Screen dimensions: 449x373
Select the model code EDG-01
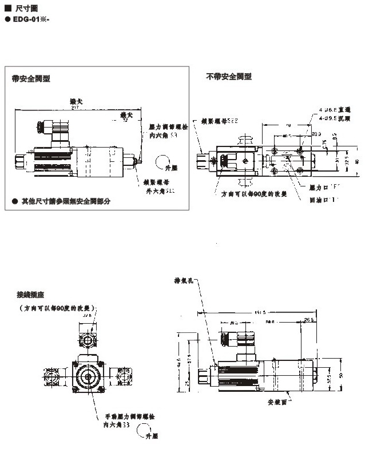[29, 19]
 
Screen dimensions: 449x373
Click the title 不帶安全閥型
[229, 76]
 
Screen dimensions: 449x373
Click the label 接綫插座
[29, 295]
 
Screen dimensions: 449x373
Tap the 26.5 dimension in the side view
[309, 320]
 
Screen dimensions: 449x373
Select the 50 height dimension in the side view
[342, 374]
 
